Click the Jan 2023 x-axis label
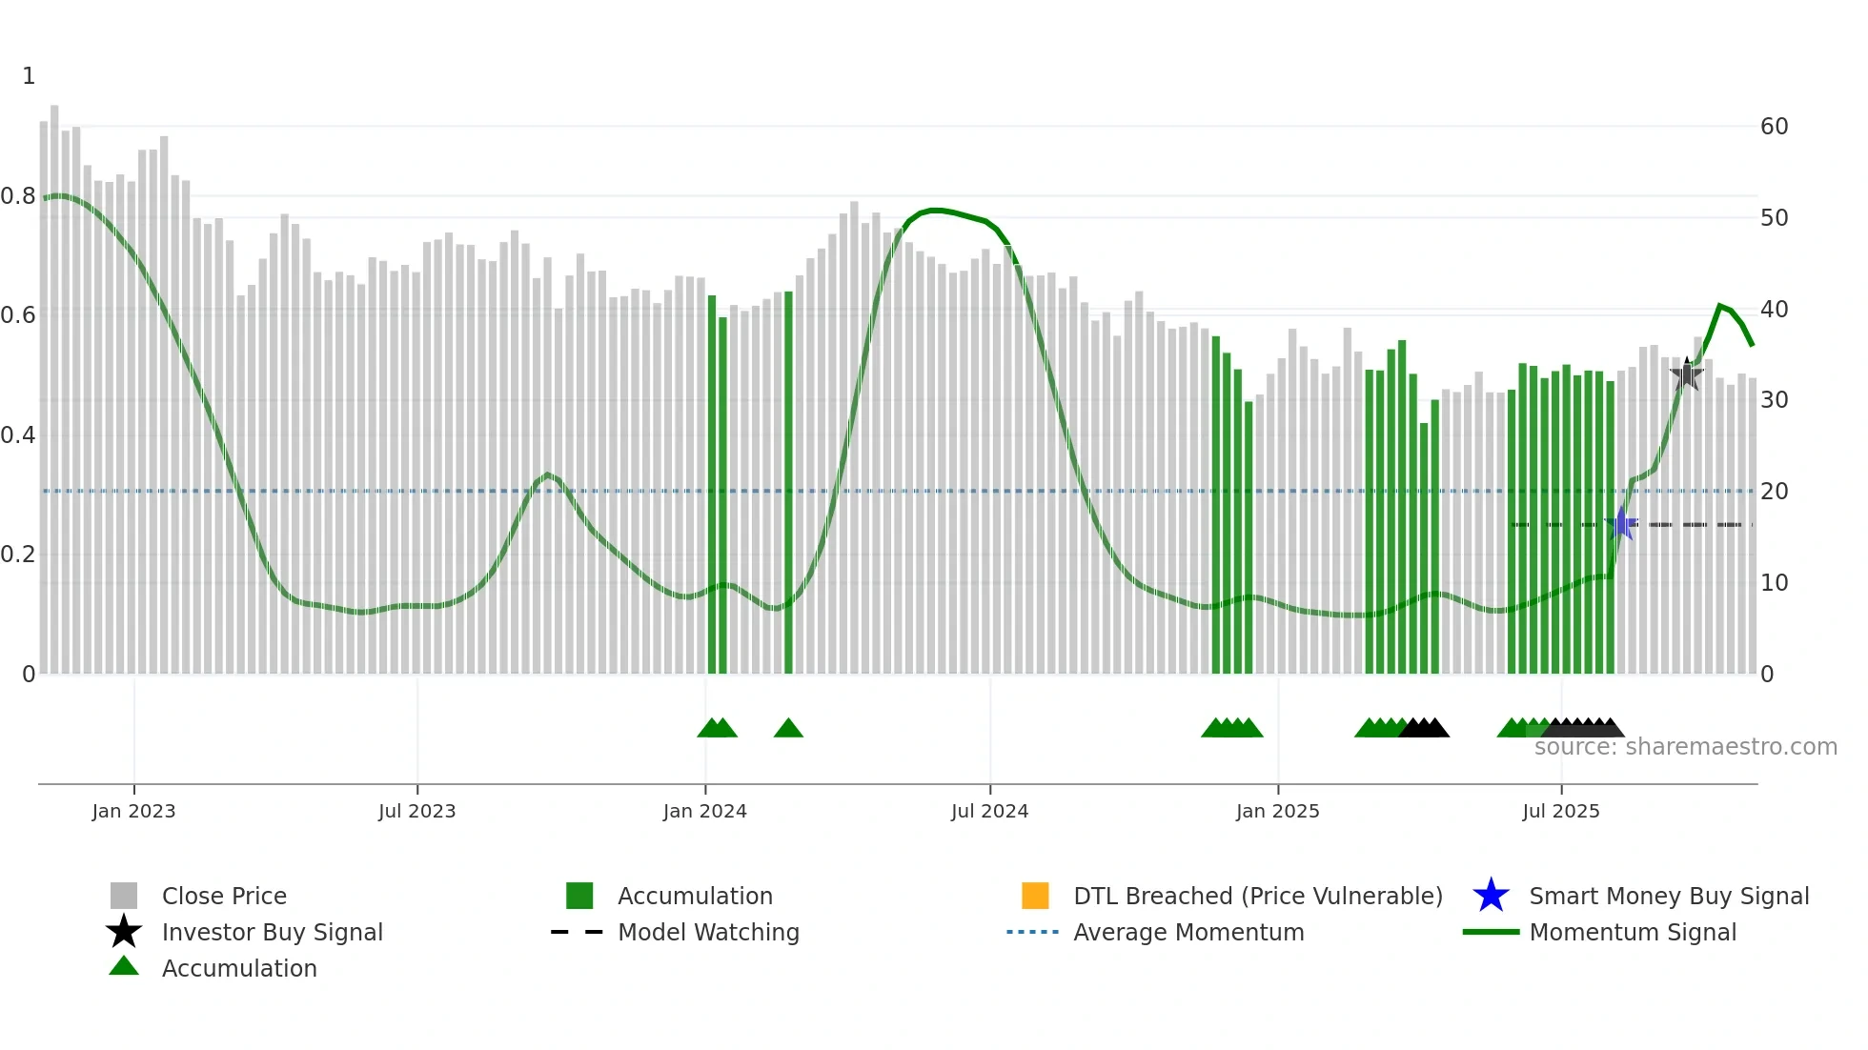(x=133, y=811)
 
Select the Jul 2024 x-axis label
(x=989, y=811)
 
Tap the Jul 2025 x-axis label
(x=1560, y=811)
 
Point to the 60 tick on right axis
(x=1774, y=127)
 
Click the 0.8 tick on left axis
(x=18, y=196)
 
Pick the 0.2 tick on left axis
(x=18, y=555)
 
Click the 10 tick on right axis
(x=1774, y=582)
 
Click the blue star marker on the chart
(x=1621, y=524)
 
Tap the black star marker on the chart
(x=1687, y=374)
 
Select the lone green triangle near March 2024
(x=788, y=729)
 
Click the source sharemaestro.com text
(x=1685, y=747)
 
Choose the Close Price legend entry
(x=224, y=896)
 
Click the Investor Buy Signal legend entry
(x=272, y=932)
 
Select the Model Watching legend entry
(x=707, y=932)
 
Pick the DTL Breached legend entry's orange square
(x=1035, y=896)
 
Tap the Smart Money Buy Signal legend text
(x=1669, y=896)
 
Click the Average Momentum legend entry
(x=1188, y=932)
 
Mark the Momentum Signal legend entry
(x=1632, y=932)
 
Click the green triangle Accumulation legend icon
(x=124, y=967)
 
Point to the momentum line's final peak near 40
(x=1720, y=305)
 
